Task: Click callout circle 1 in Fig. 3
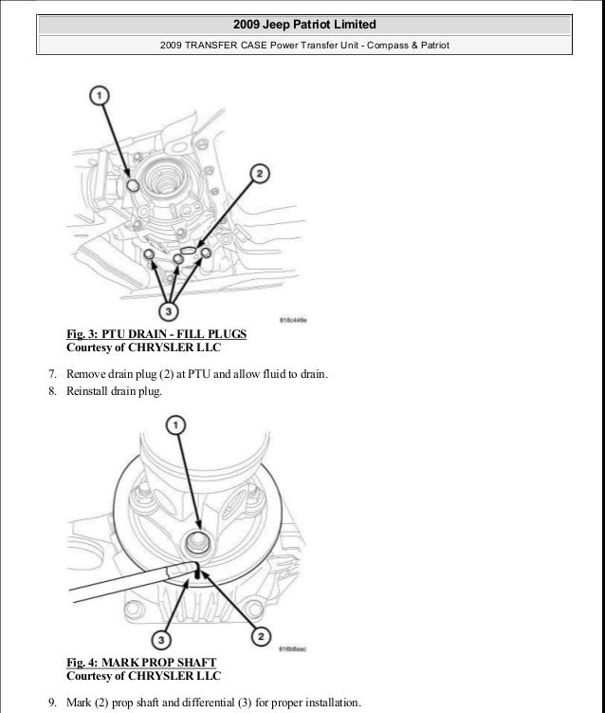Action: tap(101, 95)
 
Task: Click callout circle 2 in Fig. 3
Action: tap(258, 175)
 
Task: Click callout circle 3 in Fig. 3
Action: tap(169, 310)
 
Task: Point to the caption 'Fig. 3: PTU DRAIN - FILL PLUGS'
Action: tap(156, 334)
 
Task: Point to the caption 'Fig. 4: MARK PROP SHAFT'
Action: tap(140, 662)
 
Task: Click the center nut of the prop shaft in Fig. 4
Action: tap(197, 544)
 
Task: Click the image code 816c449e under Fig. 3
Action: tap(297, 321)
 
